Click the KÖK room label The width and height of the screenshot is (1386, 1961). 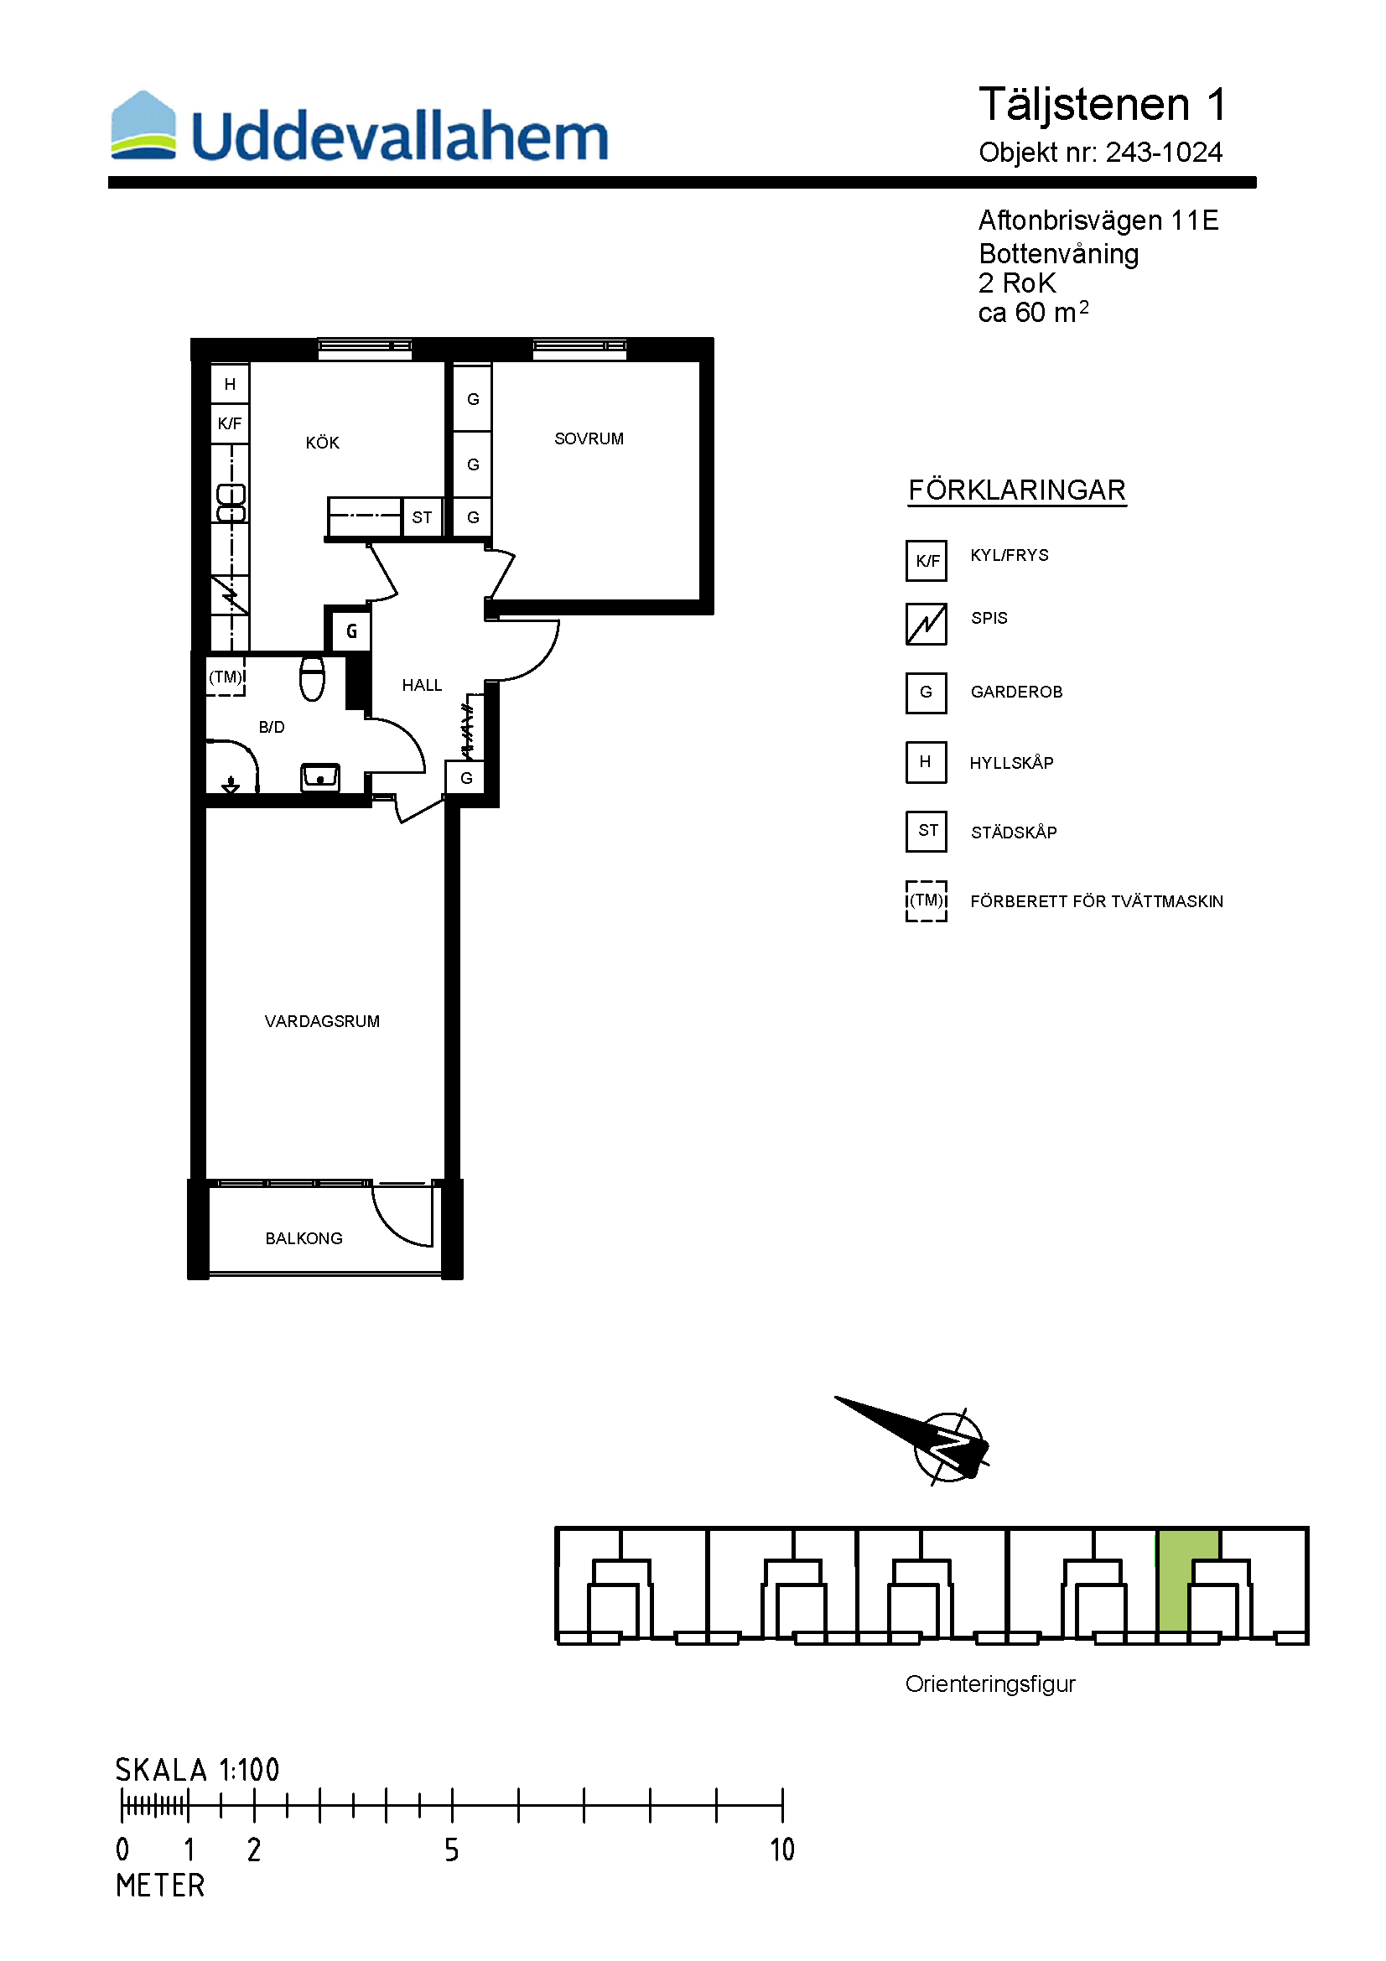(322, 443)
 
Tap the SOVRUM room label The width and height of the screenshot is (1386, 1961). (589, 439)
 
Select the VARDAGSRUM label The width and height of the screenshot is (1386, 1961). (322, 1021)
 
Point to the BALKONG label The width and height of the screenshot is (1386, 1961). (304, 1238)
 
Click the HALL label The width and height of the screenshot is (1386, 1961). (422, 685)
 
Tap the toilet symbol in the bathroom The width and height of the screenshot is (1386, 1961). (313, 678)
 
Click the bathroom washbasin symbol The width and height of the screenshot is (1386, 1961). (320, 777)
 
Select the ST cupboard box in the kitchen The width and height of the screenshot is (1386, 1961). (422, 517)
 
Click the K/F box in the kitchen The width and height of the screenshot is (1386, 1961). (230, 423)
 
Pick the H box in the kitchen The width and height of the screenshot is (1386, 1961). (230, 384)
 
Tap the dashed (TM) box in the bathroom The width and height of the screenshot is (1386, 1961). (226, 677)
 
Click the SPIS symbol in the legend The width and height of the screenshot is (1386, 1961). (926, 624)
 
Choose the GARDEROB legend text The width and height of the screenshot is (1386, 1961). (1016, 692)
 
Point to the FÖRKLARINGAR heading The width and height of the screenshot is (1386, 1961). (1016, 490)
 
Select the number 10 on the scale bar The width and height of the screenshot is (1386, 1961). (781, 1850)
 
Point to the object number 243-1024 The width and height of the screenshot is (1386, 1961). (1164, 152)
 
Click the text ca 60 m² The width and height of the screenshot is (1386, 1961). (1033, 313)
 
